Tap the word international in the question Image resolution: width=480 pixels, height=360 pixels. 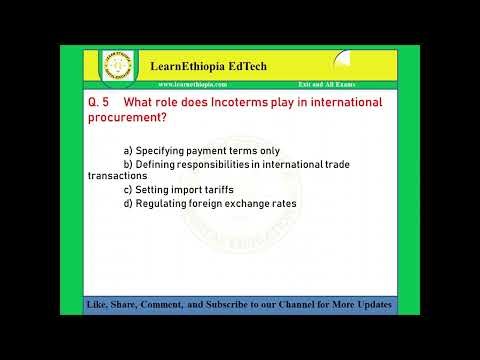coord(340,103)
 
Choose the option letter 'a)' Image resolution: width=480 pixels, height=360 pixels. coord(128,148)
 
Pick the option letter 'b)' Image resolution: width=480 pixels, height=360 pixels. coord(128,162)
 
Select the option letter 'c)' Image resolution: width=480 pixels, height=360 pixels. coord(128,189)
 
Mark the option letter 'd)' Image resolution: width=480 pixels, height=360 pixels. coord(128,203)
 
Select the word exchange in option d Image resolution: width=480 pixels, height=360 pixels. coord(241,203)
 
